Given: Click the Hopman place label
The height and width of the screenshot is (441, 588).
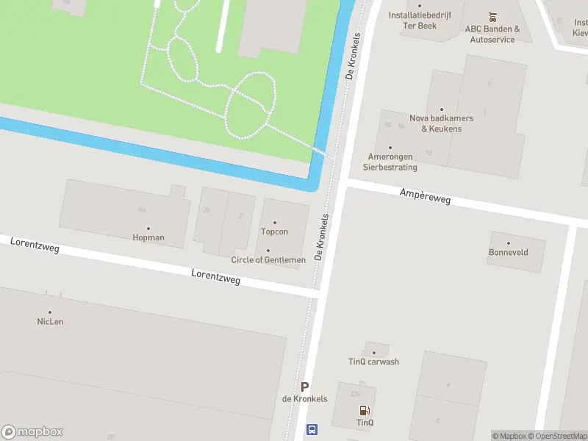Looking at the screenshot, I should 148,237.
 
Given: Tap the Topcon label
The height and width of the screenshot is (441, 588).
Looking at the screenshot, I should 274,232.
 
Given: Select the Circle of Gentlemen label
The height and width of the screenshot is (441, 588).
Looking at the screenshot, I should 268,259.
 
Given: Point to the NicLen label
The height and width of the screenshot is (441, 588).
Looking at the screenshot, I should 50,321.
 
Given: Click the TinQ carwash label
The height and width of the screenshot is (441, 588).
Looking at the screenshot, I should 373,361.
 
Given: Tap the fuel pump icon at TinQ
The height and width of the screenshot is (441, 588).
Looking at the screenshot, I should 364,410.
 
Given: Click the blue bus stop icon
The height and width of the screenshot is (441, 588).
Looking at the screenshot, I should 312,429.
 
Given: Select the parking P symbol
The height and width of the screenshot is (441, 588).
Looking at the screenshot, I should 304,387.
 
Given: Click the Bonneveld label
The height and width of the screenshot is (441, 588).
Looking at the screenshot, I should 509,252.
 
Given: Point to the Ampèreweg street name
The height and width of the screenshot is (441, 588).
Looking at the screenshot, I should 425,196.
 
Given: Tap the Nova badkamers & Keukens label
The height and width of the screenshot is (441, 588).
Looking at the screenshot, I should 441,123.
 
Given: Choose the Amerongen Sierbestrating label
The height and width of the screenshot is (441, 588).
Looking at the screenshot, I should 390,162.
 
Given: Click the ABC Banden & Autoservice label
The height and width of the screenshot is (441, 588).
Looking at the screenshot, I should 492,34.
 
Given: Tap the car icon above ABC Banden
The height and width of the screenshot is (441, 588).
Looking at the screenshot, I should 492,16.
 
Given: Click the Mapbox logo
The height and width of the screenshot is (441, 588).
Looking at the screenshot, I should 32,432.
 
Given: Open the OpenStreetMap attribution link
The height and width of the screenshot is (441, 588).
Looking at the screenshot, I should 556,436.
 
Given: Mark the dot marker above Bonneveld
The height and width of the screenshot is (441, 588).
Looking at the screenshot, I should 508,243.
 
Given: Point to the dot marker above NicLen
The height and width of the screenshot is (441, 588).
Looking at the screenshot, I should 50,312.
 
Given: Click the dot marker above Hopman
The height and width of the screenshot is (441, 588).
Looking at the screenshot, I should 148,228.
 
